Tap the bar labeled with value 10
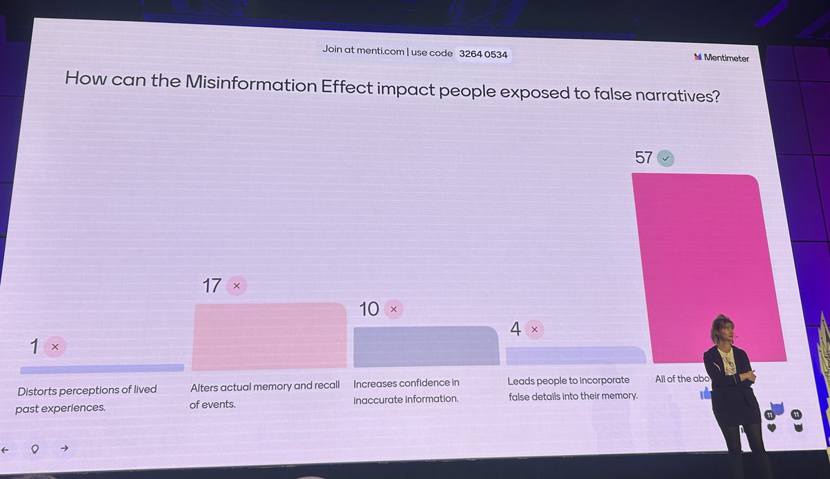coord(425,346)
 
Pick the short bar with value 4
coord(575,355)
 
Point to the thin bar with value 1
coord(102,368)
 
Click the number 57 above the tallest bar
coord(643,158)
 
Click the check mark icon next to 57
coord(665,159)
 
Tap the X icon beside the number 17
coord(237,285)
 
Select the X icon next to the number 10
coord(394,309)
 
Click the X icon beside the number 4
coord(534,330)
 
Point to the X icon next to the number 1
coord(55,347)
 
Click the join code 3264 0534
coord(484,53)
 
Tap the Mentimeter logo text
coord(726,58)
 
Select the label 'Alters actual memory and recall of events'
coord(264,395)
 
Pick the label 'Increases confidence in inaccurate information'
coord(407,390)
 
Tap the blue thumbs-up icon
coord(705,393)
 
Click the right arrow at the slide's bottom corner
coord(64,448)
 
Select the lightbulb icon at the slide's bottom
coord(34,449)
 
